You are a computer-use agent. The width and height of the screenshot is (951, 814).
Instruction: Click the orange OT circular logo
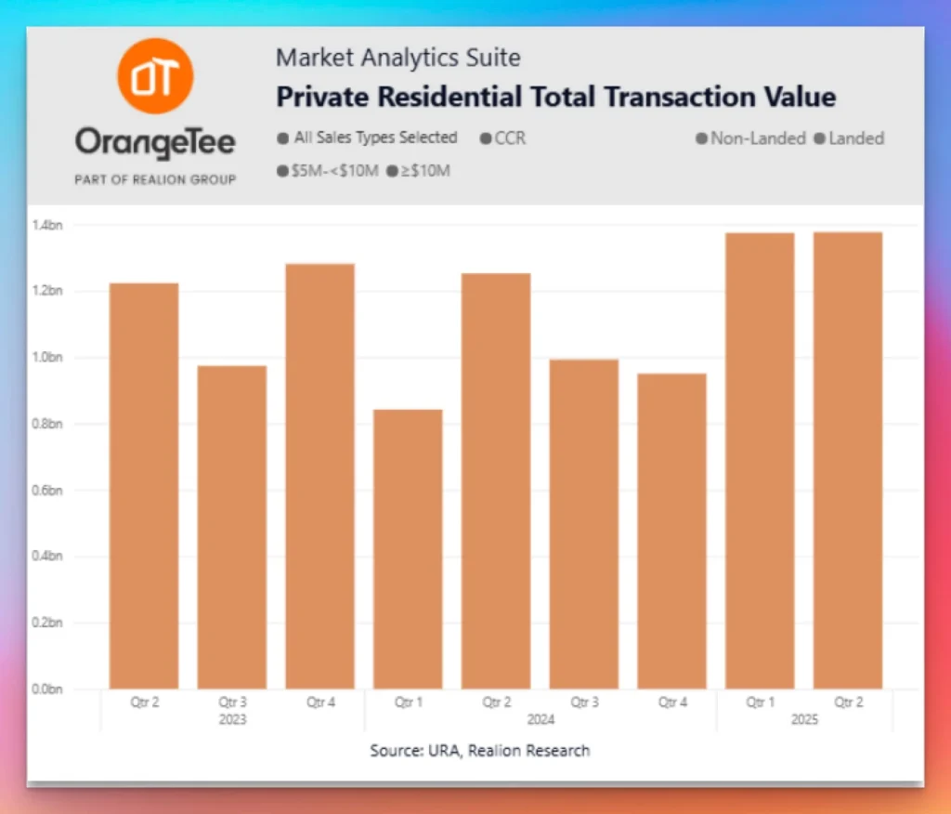point(155,76)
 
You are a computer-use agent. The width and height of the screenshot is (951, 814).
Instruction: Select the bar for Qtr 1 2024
point(408,548)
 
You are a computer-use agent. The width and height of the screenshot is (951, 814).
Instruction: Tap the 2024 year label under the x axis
point(540,719)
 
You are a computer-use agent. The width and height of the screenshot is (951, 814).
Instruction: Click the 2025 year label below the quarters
point(804,719)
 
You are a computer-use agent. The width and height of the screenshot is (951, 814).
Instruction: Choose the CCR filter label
point(510,138)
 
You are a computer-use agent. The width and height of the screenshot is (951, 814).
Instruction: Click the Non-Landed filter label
point(758,138)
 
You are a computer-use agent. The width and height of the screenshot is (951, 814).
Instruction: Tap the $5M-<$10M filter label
point(334,171)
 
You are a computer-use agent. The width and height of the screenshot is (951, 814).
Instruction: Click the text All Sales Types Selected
point(375,138)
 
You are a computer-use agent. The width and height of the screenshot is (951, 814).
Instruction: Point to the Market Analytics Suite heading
point(397,58)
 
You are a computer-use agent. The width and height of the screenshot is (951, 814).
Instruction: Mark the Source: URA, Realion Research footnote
point(479,750)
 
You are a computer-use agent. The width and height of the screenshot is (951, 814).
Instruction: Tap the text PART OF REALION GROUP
point(155,179)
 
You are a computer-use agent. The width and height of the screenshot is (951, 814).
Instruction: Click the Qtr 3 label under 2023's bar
point(231,702)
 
